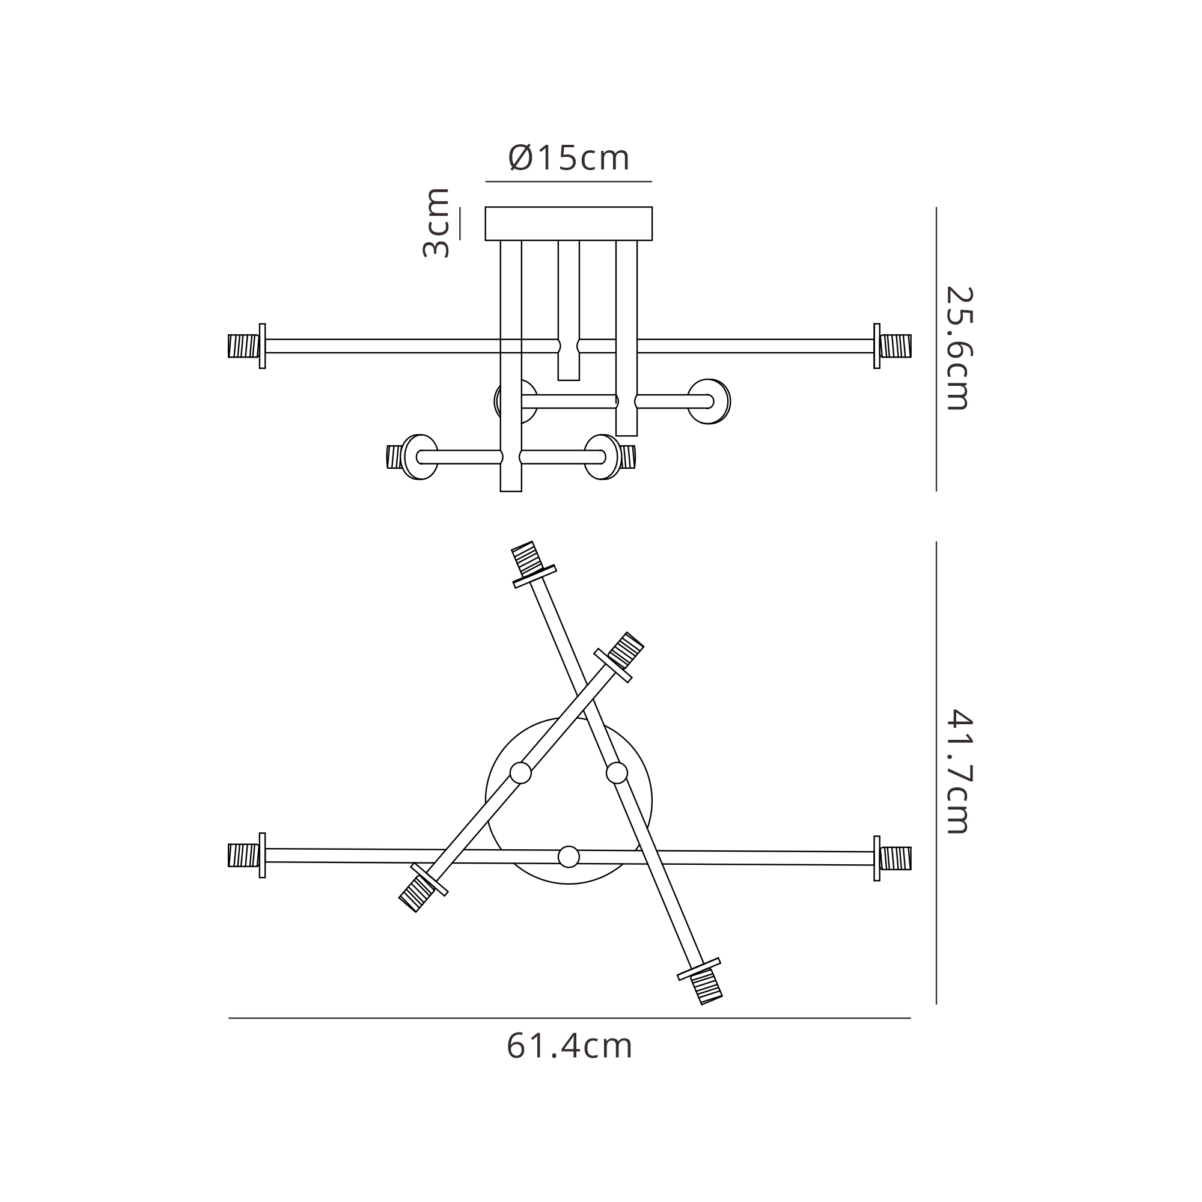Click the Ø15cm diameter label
[x=569, y=158]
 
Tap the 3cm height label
[x=436, y=223]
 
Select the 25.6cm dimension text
[x=957, y=349]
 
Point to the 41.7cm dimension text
[x=957, y=772]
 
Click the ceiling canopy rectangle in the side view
[x=569, y=224]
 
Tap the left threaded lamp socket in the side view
[x=244, y=346]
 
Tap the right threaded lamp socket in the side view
[x=896, y=346]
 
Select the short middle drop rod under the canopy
[x=569, y=310]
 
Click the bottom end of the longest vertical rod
[x=511, y=492]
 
